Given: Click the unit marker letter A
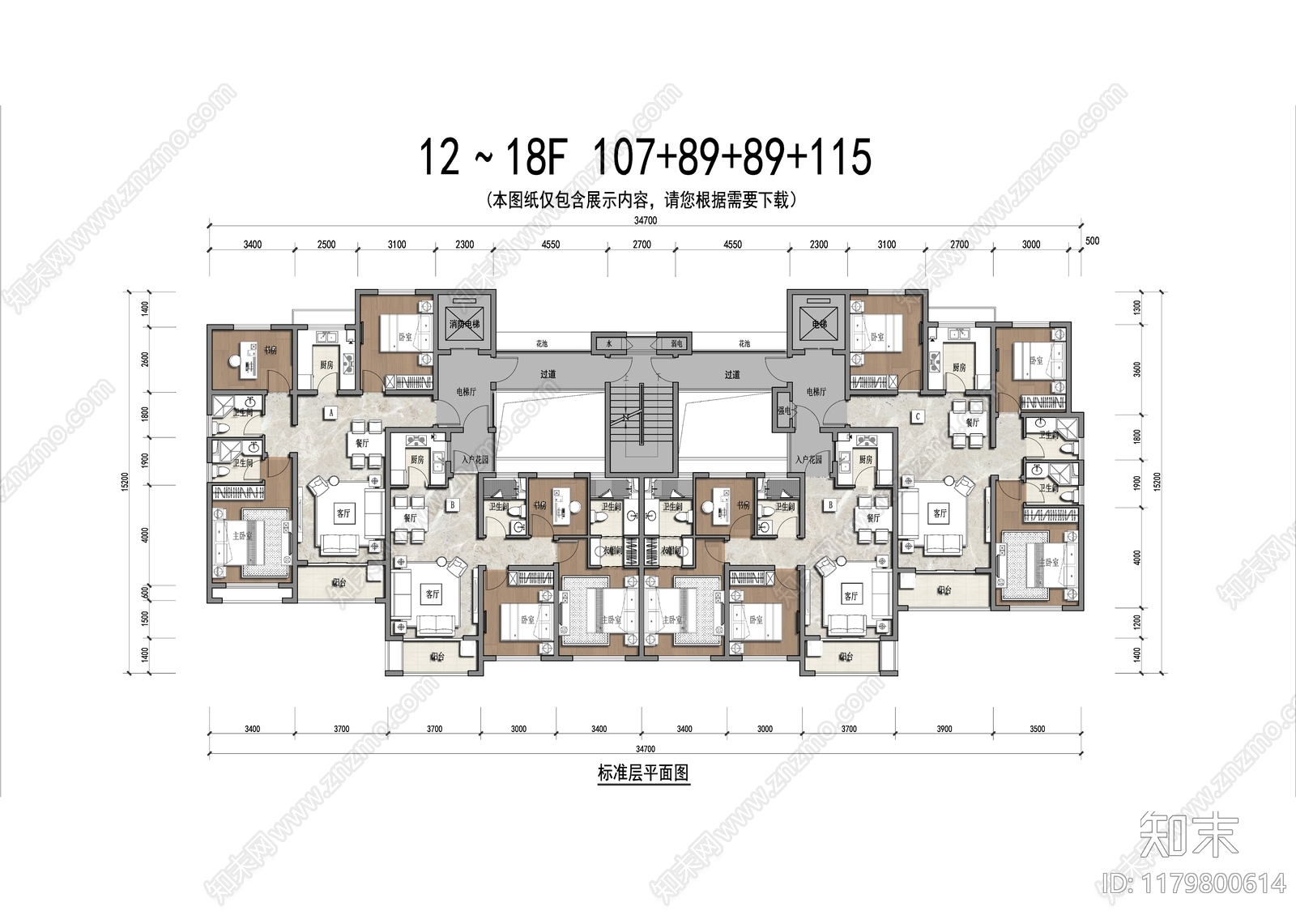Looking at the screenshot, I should pos(330,412).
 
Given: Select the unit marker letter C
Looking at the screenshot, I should pos(917,416).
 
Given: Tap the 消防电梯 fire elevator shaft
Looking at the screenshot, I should pos(465,323).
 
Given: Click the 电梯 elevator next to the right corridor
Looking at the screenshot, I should pos(817,323).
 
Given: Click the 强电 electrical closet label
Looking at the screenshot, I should pos(783,411).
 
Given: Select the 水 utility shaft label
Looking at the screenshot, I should pos(609,343).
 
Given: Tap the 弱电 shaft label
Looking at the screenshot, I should pos(675,343).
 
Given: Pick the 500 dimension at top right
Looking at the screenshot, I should pos(1092,240).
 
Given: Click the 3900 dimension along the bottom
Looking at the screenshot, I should pos(944,729).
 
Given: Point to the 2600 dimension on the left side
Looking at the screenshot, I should pos(145,359).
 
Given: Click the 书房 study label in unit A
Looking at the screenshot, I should pos(271,350).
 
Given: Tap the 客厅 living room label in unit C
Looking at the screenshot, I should pos(940,513).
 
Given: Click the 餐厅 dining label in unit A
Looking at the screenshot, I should pos(362,443).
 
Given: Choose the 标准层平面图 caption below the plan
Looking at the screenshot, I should pos(642,773).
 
